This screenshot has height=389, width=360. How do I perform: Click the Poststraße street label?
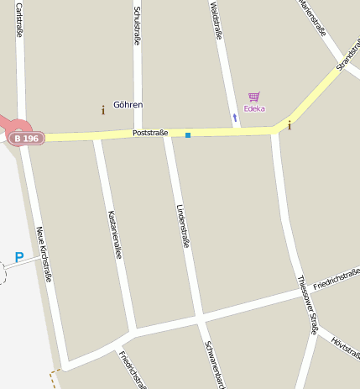click(150, 133)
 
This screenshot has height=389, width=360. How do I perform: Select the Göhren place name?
click(128, 105)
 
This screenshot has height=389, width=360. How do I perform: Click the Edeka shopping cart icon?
click(253, 97)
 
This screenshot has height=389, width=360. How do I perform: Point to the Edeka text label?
click(253, 108)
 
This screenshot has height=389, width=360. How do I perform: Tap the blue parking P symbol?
click(18, 257)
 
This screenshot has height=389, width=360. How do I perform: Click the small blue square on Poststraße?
click(188, 134)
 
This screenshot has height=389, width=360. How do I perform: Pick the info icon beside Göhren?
click(103, 109)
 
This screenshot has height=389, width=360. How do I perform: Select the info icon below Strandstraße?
click(290, 125)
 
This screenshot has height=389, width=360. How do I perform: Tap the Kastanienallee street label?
click(115, 234)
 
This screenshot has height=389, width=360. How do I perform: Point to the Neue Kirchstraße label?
click(44, 253)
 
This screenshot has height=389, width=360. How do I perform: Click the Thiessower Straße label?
click(308, 304)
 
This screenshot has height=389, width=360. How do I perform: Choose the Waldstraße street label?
click(217, 20)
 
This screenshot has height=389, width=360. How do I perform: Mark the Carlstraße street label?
click(18, 18)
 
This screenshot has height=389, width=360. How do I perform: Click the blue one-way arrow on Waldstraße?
click(235, 118)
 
